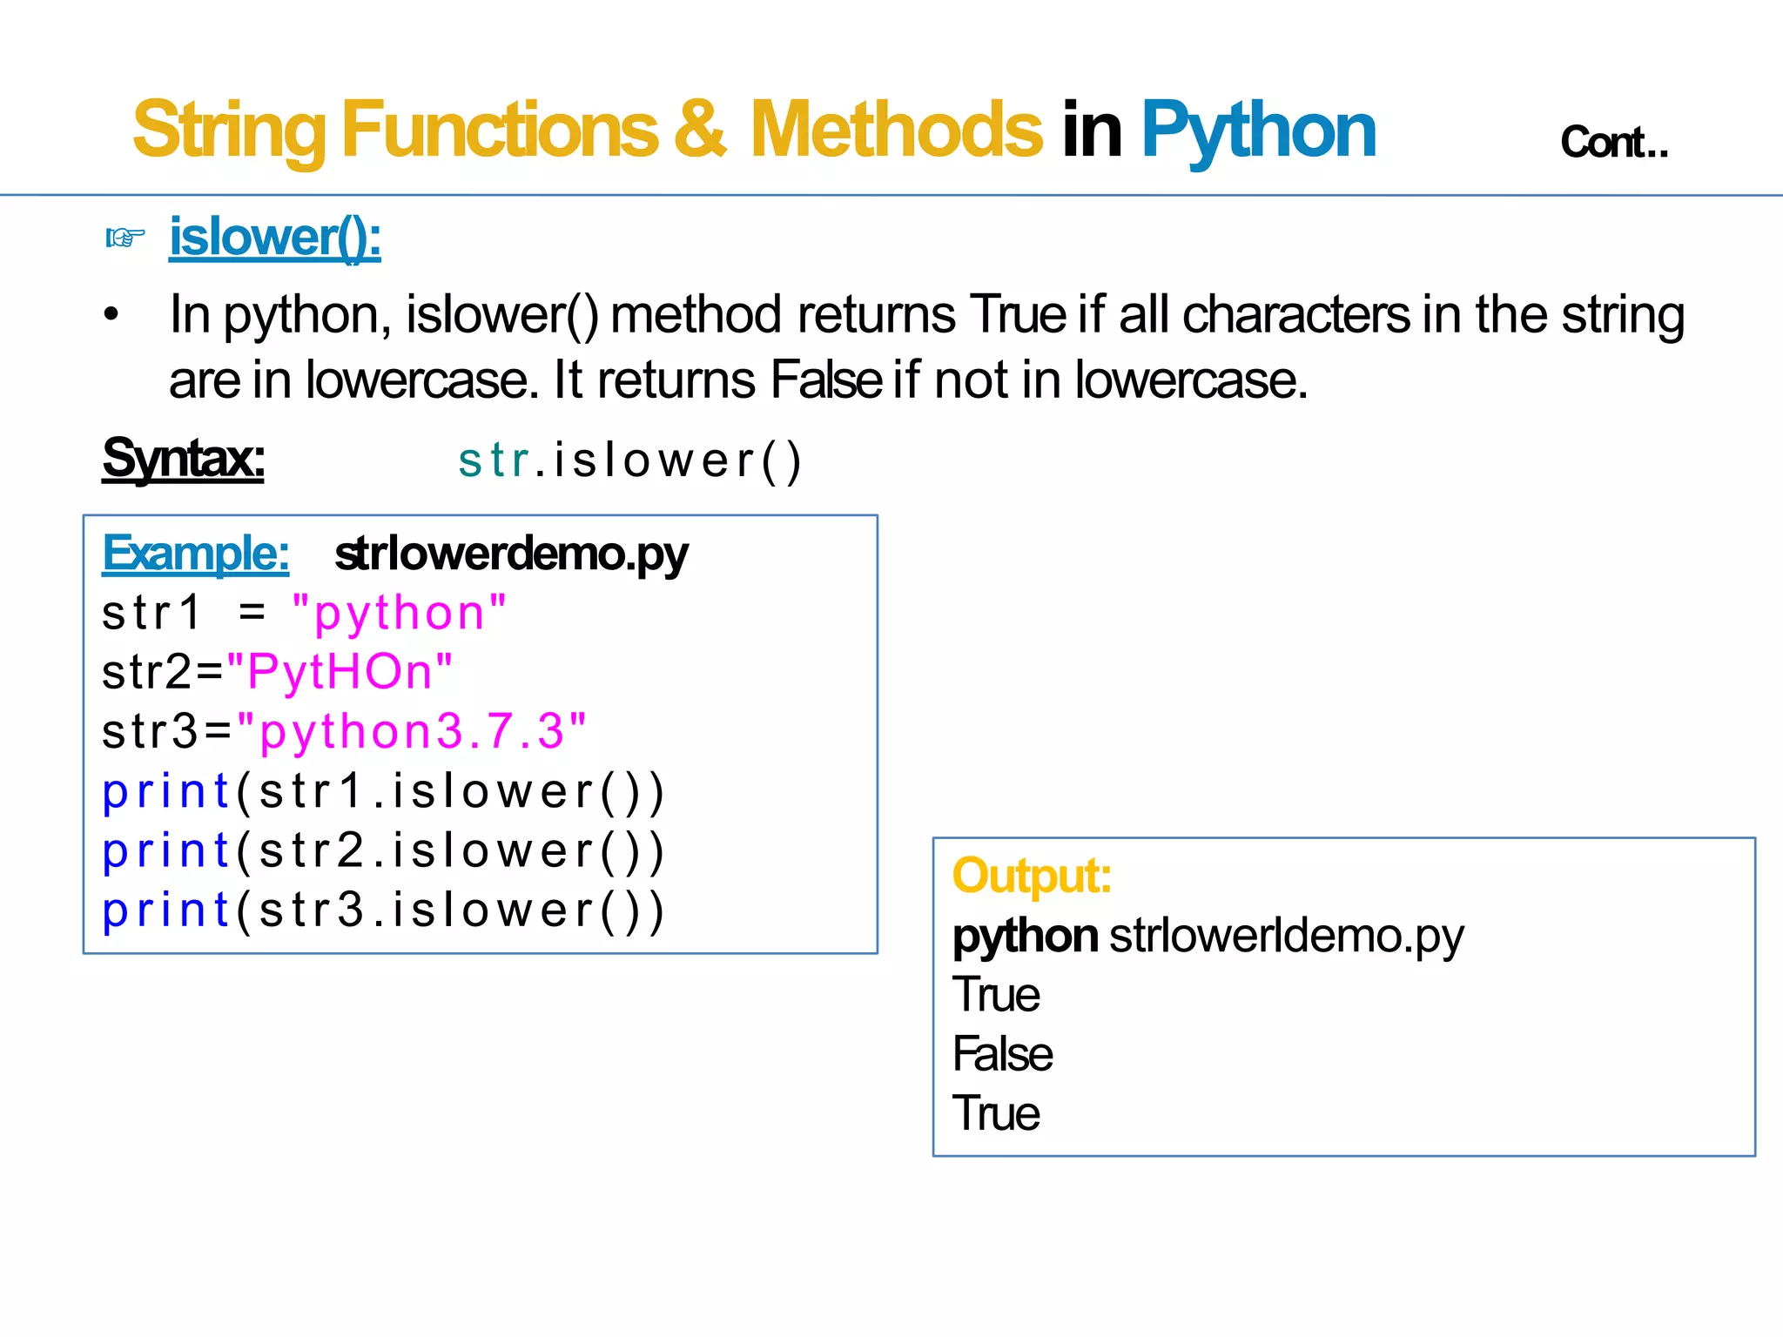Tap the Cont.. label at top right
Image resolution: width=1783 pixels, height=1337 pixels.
[1614, 143]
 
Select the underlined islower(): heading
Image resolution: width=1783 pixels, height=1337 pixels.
[275, 237]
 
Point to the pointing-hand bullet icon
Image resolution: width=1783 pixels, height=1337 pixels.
[124, 237]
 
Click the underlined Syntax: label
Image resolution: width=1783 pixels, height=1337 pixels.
[183, 459]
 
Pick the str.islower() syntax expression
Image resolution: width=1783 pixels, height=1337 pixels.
[629, 460]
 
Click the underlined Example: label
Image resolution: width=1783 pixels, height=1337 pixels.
[196, 554]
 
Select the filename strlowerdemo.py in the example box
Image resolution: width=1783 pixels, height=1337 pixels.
[511, 554]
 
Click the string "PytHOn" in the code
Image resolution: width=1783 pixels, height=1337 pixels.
[340, 672]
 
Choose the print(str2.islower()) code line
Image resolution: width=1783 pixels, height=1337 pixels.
[383, 850]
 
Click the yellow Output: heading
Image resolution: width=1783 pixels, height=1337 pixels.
[1032, 876]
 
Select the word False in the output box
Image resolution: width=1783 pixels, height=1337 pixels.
[1003, 1054]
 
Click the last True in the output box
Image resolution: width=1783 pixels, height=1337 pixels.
[996, 1113]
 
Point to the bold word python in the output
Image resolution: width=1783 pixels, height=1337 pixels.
[1025, 937]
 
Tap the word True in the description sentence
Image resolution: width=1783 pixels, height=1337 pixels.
[1018, 314]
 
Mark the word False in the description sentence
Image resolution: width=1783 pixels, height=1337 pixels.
[826, 380]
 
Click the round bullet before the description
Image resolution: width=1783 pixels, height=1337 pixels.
[111, 314]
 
